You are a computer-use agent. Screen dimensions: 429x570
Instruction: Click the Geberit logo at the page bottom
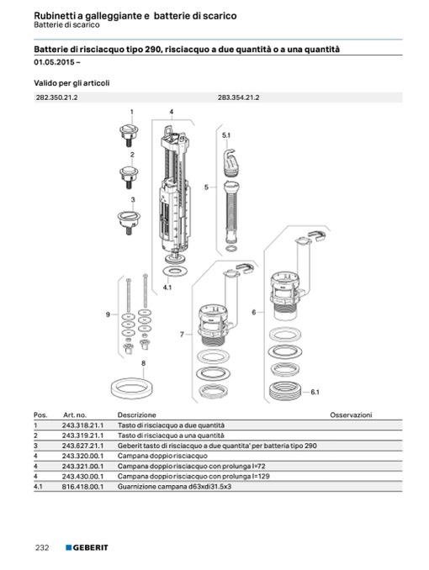pos(87,547)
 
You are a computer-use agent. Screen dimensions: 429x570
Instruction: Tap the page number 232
pos(42,547)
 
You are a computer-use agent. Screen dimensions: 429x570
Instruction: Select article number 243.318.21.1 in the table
pos(83,425)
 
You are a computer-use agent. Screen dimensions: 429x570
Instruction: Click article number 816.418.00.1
pos(83,487)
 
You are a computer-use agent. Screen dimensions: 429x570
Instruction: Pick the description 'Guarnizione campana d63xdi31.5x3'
pos(174,487)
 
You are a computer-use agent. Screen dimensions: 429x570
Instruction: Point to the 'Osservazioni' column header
pos(351,414)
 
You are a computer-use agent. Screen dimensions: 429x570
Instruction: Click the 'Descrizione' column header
pos(136,414)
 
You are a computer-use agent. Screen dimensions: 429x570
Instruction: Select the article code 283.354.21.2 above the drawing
pos(238,98)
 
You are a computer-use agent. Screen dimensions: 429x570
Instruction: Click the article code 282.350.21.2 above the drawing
pos(56,98)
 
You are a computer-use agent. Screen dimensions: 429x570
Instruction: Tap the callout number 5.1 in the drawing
pos(226,135)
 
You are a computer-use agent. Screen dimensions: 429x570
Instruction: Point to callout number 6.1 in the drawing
pos(315,392)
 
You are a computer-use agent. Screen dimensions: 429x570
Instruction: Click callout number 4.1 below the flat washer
pos(167,288)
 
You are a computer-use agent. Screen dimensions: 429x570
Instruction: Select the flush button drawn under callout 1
pos(129,135)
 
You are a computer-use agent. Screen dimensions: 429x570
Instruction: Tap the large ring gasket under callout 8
pos(131,388)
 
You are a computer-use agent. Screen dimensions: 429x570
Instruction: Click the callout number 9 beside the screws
pos(108,314)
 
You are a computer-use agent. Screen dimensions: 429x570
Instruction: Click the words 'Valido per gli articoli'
pos(71,83)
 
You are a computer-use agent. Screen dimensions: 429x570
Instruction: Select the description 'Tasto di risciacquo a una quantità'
pos(171,435)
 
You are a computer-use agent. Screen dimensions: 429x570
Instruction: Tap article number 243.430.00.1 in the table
pos(83,476)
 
